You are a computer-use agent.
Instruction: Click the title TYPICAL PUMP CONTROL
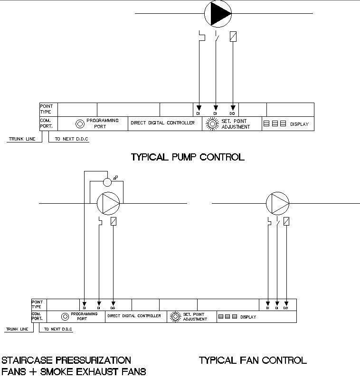pyautogui.click(x=187, y=157)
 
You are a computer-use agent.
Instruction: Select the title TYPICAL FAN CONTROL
pyautogui.click(x=253, y=360)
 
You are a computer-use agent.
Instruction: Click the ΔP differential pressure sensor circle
pyautogui.click(x=107, y=182)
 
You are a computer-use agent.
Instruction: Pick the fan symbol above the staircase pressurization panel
pyautogui.click(x=109, y=203)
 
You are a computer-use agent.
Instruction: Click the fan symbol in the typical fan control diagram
pyautogui.click(x=277, y=203)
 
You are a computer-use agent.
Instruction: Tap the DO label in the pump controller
pyautogui.click(x=232, y=114)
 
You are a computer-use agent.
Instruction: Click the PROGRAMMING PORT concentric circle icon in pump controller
pyautogui.click(x=80, y=123)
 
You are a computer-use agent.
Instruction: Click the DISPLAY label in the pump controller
pyautogui.click(x=299, y=124)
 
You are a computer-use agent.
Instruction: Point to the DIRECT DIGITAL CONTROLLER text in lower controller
pyautogui.click(x=134, y=316)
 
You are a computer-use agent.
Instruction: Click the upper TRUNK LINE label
pyautogui.click(x=22, y=140)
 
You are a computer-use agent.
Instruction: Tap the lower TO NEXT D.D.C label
pyautogui.click(x=57, y=329)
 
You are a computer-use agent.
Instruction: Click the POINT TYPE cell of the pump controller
pyautogui.click(x=46, y=109)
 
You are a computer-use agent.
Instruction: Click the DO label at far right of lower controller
pyautogui.click(x=286, y=308)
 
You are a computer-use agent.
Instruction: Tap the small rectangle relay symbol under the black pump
pyautogui.click(x=233, y=37)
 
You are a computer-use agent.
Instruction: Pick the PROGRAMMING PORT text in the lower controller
pyautogui.click(x=84, y=316)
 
